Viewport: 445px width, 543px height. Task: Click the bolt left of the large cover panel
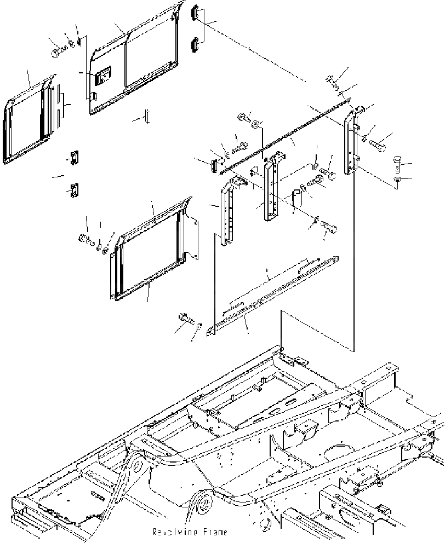tap(57, 53)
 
